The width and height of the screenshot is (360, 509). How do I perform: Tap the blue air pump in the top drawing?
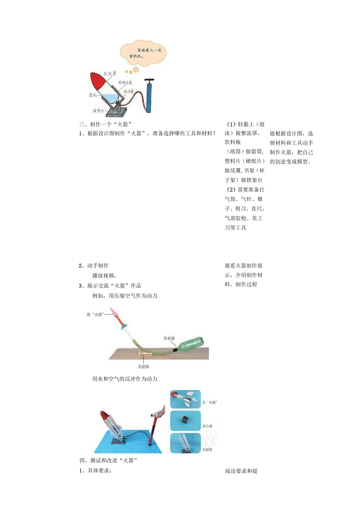click(x=149, y=98)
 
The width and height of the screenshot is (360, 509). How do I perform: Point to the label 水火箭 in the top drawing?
click(x=109, y=73)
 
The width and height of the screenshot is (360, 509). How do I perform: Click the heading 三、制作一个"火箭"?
click(x=104, y=124)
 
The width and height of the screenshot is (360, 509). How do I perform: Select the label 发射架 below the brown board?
click(x=143, y=367)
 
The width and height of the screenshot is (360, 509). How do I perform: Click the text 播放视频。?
click(x=104, y=275)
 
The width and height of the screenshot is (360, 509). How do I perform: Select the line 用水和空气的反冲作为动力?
click(x=124, y=379)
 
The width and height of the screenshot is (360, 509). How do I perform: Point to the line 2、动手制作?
click(x=94, y=266)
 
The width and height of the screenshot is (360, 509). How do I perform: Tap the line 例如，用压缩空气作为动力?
click(x=124, y=296)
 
